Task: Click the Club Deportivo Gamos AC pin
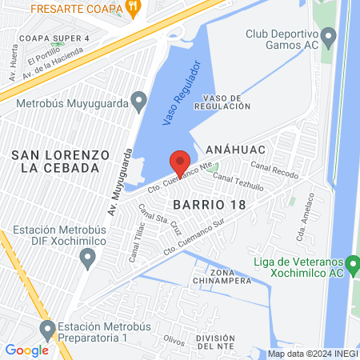pyautogui.click(x=328, y=37)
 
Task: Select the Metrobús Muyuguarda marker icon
pyautogui.click(x=140, y=102)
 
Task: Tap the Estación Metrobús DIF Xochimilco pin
pyautogui.click(x=87, y=258)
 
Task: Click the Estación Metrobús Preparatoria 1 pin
pyautogui.click(x=47, y=329)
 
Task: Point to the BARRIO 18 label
pyautogui.click(x=209, y=204)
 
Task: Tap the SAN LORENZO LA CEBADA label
pyautogui.click(x=54, y=161)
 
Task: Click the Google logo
pyautogui.click(x=26, y=350)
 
